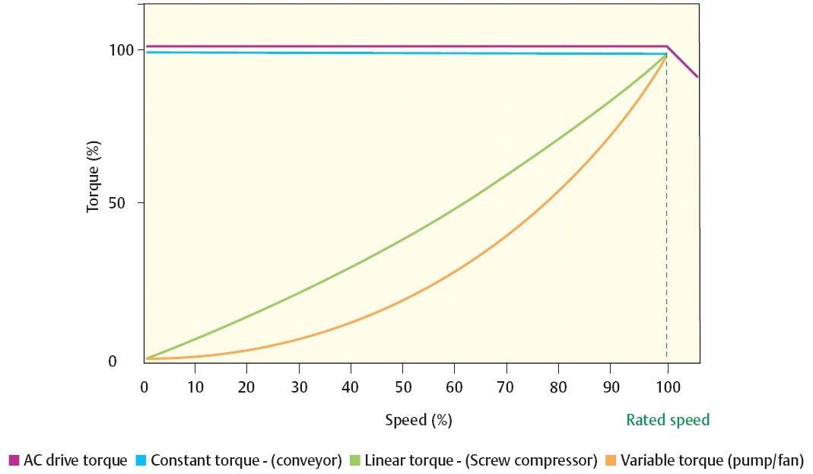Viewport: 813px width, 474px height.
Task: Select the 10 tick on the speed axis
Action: click(x=196, y=386)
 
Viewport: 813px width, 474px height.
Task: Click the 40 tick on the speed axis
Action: click(x=351, y=386)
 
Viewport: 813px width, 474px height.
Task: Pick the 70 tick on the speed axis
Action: click(x=507, y=386)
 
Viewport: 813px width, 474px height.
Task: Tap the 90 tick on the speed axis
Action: click(x=611, y=386)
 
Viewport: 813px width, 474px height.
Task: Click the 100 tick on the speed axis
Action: click(x=666, y=386)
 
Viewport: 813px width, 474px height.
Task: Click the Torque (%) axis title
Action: click(x=94, y=177)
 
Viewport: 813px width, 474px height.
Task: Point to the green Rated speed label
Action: click(x=667, y=420)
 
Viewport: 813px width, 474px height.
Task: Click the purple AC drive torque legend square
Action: click(x=13, y=460)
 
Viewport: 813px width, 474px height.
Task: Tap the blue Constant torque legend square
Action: click(x=141, y=460)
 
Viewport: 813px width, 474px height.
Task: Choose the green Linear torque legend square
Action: click(x=354, y=460)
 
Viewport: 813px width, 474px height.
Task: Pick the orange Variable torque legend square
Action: click(x=610, y=460)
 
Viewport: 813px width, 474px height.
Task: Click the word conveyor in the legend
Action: click(x=304, y=460)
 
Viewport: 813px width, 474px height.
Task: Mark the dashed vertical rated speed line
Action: click(x=667, y=228)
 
